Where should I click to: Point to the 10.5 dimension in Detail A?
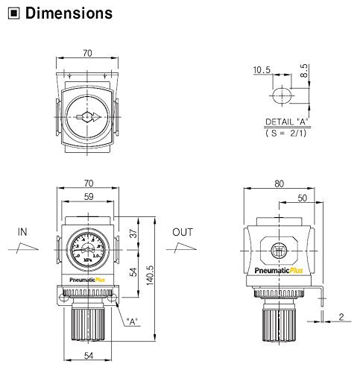(261, 71)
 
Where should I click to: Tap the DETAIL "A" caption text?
(286, 121)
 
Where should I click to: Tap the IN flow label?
(22, 232)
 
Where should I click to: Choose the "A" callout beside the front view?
(133, 322)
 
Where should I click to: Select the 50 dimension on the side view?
(302, 199)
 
